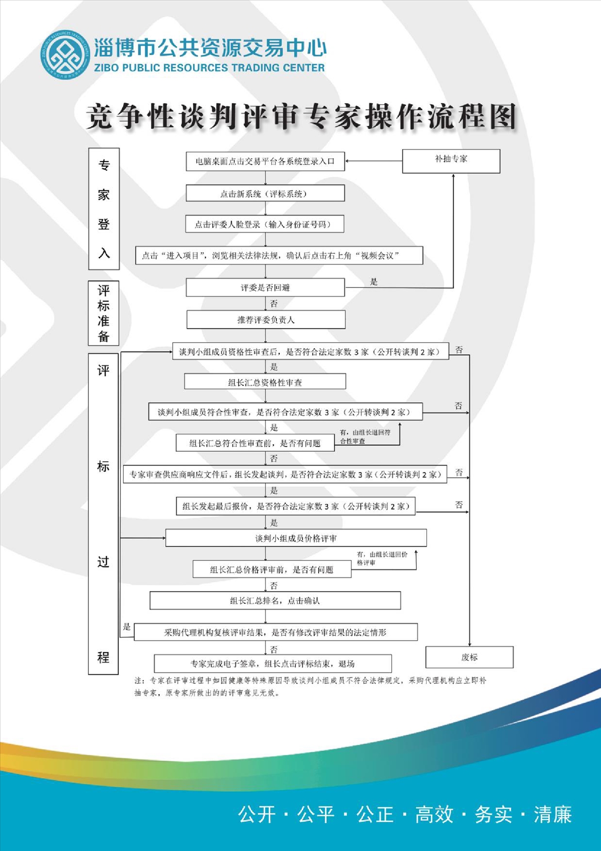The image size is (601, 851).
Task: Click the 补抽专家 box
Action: click(x=451, y=161)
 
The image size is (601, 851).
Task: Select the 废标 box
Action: click(x=469, y=657)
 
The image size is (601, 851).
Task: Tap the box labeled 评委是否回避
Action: click(x=265, y=288)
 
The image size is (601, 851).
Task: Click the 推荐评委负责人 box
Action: click(x=266, y=319)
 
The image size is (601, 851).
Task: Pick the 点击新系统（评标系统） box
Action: click(x=265, y=194)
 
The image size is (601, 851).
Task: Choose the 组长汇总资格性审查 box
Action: click(x=265, y=382)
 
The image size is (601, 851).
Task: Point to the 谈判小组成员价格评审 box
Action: click(x=296, y=538)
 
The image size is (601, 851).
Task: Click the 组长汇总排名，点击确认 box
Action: click(x=275, y=600)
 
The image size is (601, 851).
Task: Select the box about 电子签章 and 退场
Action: click(x=273, y=664)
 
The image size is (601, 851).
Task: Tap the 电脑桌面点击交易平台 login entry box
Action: click(x=265, y=161)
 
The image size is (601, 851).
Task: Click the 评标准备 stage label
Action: click(x=104, y=313)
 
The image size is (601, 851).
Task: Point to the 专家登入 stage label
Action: click(x=104, y=209)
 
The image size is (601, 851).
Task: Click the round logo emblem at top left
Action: click(x=65, y=55)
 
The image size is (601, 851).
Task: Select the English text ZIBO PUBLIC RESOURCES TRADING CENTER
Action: click(x=210, y=68)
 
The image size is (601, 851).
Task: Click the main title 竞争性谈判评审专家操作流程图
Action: click(x=302, y=117)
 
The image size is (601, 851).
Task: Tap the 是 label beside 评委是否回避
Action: click(x=374, y=281)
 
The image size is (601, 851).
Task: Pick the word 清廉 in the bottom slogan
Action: click(x=553, y=815)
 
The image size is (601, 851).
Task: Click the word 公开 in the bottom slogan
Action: click(x=257, y=815)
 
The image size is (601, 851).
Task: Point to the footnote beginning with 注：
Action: click(x=310, y=687)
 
